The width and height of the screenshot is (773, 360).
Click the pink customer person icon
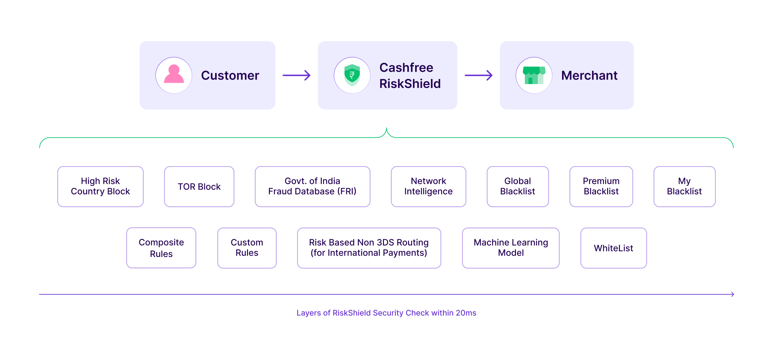pyautogui.click(x=174, y=75)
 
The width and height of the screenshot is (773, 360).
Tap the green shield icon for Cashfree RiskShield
pyautogui.click(x=352, y=75)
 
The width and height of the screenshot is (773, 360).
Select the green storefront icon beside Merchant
pyautogui.click(x=534, y=75)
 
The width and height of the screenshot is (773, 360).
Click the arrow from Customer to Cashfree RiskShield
pyautogui.click(x=296, y=75)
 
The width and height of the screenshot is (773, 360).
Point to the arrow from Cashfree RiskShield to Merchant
pyautogui.click(x=478, y=75)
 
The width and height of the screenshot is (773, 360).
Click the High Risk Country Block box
pyautogui.click(x=100, y=186)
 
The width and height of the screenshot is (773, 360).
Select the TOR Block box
pyautogui.click(x=199, y=186)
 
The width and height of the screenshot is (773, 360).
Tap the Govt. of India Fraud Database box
pyautogui.click(x=312, y=186)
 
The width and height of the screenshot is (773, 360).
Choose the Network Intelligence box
pyautogui.click(x=428, y=186)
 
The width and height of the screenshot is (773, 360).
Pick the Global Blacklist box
pyautogui.click(x=518, y=186)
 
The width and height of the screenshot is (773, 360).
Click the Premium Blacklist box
pyautogui.click(x=601, y=186)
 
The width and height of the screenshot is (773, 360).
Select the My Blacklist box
pyautogui.click(x=684, y=186)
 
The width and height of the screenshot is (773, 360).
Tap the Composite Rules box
pyautogui.click(x=161, y=248)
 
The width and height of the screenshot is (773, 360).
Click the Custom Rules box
pyautogui.click(x=247, y=248)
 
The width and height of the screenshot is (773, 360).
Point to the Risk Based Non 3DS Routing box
pyautogui.click(x=369, y=248)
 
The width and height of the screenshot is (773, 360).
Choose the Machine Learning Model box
pyautogui.click(x=511, y=248)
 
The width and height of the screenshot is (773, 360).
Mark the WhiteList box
pyautogui.click(x=614, y=248)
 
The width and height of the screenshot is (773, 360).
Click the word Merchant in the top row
pyautogui.click(x=589, y=75)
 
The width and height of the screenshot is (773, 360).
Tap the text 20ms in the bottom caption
pyautogui.click(x=466, y=313)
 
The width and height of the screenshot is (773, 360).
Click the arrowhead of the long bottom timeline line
pyautogui.click(x=732, y=294)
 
